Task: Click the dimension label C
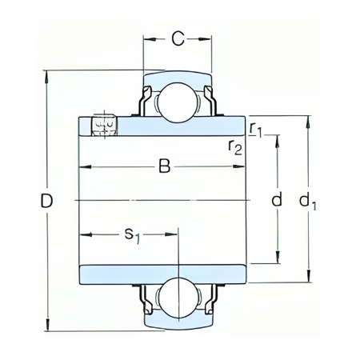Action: click(178, 37)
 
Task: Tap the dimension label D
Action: click(46, 201)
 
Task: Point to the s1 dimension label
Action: click(132, 235)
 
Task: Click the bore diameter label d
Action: click(277, 201)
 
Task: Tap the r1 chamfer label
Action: click(255, 128)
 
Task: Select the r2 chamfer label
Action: click(236, 145)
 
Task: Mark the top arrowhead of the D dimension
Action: click(46, 76)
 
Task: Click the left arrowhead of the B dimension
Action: click(82, 166)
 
